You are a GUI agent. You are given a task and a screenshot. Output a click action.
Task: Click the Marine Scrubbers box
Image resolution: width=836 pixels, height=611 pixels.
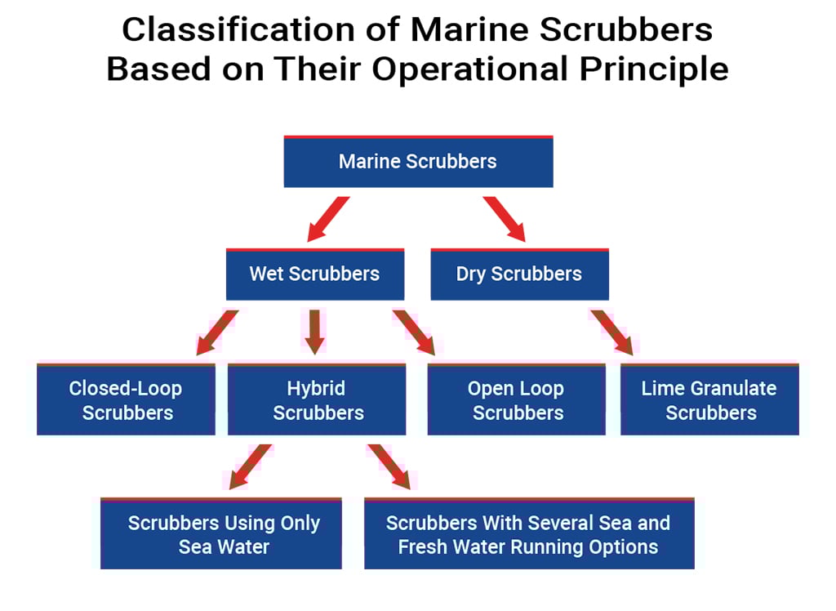pos(418,162)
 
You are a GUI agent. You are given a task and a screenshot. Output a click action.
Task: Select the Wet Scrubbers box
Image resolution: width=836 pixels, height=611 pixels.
pos(314,274)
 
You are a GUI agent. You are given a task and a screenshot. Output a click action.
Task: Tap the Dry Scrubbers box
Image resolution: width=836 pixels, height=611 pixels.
pos(519,274)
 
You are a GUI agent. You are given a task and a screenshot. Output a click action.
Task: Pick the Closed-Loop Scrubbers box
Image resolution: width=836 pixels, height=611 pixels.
pos(127,400)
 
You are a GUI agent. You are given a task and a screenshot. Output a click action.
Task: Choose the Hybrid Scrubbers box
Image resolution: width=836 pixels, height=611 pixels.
pos(316,400)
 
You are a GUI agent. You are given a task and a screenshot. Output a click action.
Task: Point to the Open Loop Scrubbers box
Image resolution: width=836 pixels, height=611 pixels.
pos(517,400)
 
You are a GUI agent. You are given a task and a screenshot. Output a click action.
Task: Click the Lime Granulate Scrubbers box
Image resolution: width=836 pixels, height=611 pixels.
pos(709,400)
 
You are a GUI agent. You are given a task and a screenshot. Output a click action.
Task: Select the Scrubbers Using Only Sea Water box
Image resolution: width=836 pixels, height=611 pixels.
pos(222,534)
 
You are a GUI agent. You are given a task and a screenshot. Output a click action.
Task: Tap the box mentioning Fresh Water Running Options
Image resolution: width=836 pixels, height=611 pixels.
pos(528,534)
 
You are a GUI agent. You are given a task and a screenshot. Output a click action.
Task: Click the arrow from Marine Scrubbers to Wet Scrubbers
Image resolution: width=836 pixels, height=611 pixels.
pos(327,219)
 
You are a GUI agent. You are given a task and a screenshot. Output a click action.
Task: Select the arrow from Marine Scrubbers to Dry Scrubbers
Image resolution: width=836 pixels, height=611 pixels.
pos(505,219)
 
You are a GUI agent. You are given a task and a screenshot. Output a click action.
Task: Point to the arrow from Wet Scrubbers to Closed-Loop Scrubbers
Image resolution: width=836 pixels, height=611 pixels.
pos(216,332)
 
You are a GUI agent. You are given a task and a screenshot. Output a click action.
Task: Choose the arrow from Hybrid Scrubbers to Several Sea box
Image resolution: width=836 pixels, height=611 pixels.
pos(388,466)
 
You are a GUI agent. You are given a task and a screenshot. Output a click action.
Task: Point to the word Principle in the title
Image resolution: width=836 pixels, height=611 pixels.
pos(654,69)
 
